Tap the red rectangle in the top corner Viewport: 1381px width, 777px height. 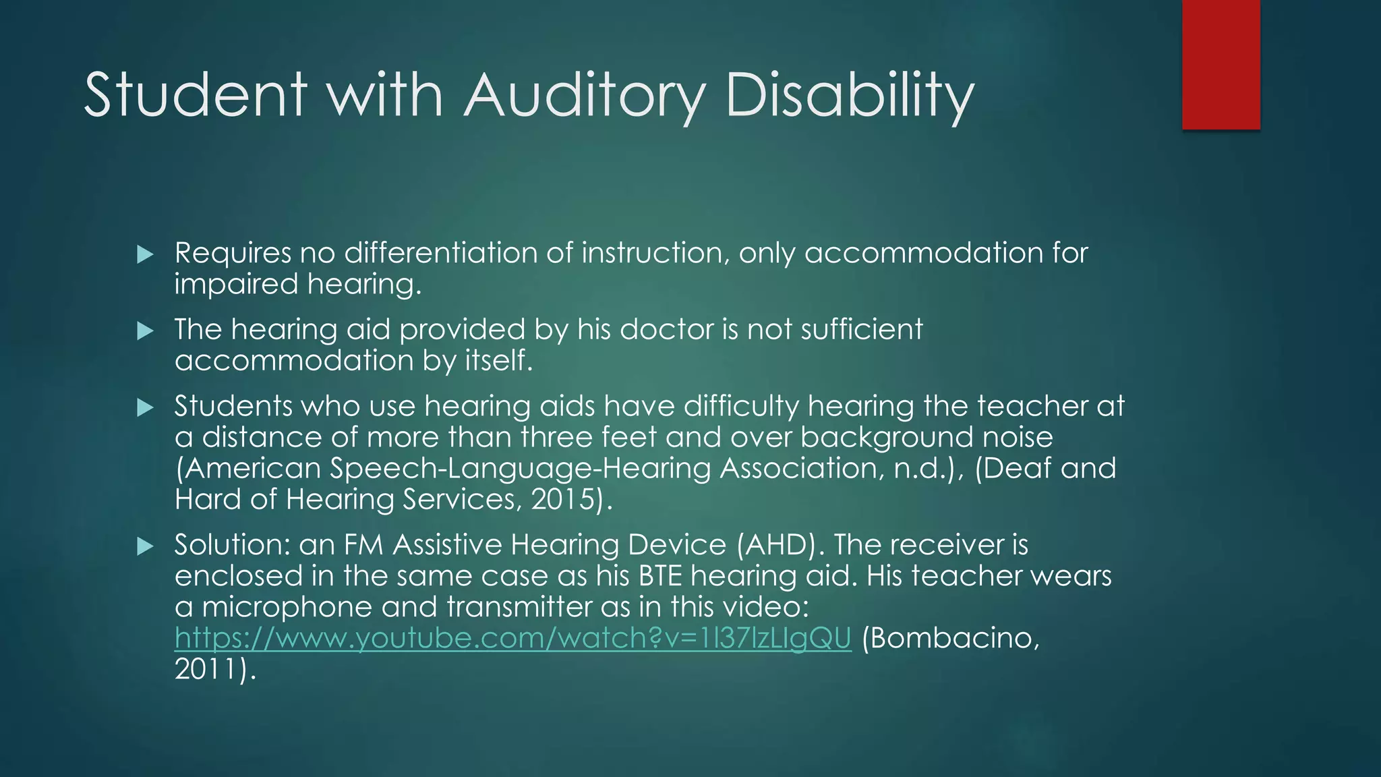(x=1221, y=65)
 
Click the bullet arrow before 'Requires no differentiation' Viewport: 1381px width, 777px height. (x=145, y=254)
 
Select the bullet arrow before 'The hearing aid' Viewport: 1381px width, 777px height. (x=145, y=331)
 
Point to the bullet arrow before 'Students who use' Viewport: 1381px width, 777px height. (x=145, y=407)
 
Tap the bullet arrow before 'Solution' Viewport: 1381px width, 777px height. (x=145, y=546)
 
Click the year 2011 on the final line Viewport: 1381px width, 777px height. (x=206, y=669)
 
